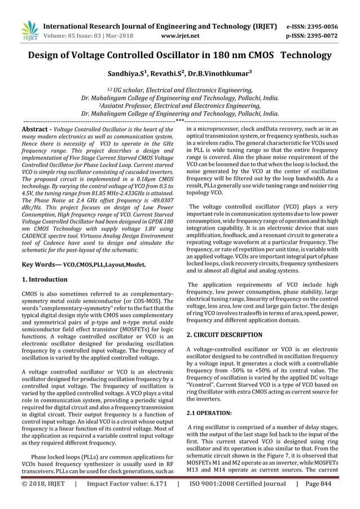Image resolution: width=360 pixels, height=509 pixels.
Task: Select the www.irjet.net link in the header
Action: pos(178,35)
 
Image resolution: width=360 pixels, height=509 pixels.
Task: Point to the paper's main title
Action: pos(180,55)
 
